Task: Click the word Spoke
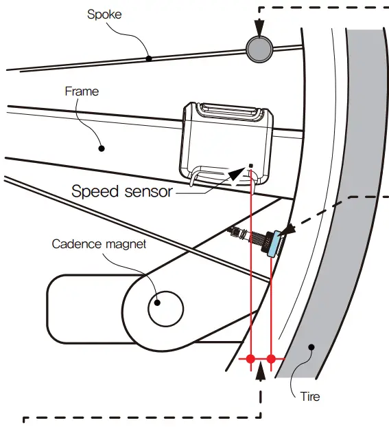106,14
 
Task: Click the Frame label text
82,91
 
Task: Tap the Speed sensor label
121,191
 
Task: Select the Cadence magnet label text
99,244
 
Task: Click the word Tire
309,397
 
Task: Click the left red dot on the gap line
251,359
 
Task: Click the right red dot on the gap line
272,359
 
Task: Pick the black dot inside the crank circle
157,302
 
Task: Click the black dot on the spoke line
148,58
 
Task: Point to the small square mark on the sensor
251,165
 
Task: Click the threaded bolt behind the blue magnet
252,237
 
